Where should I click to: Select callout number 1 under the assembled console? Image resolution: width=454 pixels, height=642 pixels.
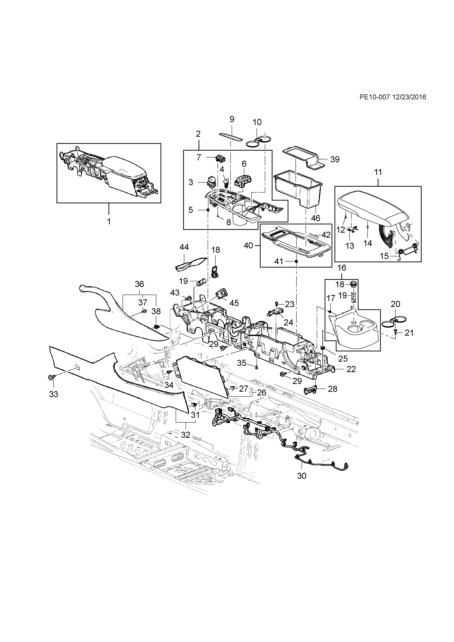[109, 222]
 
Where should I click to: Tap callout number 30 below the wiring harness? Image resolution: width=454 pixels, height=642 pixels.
[302, 476]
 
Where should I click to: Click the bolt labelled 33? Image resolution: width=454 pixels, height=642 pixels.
[52, 378]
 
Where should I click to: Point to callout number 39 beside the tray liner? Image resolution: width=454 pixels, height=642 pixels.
[335, 159]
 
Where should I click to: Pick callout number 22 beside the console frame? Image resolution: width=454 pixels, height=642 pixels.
[351, 369]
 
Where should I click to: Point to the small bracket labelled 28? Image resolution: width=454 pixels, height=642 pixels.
[310, 389]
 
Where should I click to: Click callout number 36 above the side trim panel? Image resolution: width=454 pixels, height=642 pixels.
[139, 284]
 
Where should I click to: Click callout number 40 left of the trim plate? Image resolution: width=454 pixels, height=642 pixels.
[248, 246]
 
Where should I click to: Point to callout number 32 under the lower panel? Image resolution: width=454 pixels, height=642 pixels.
[186, 435]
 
